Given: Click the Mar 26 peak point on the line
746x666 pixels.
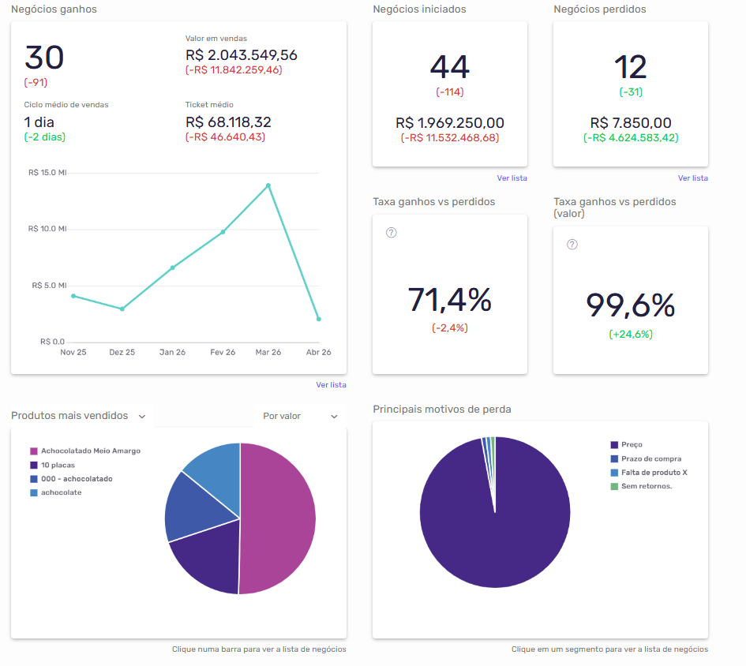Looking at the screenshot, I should click(x=268, y=185).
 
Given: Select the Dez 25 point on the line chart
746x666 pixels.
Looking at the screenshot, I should click(x=122, y=309).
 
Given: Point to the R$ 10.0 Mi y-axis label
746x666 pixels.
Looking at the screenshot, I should click(x=47, y=229).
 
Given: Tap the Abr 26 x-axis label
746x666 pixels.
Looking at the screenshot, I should click(x=318, y=352).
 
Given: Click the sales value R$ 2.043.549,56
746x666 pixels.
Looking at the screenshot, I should click(x=241, y=55).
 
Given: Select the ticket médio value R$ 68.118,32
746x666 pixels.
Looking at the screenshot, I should click(x=228, y=122).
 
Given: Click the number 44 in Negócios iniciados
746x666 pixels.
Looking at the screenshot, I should click(x=449, y=67).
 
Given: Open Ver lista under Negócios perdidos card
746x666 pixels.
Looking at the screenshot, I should click(x=692, y=178).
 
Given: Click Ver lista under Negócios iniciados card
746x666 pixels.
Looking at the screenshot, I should click(x=512, y=178).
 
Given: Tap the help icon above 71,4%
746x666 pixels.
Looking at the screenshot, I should click(x=391, y=233).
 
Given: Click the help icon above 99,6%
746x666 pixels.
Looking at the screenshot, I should click(x=572, y=245).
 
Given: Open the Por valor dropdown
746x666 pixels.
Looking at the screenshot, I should click(x=300, y=416).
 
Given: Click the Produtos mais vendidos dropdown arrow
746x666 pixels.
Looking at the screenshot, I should click(x=142, y=416).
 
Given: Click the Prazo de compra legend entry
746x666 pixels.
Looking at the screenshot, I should click(x=650, y=458).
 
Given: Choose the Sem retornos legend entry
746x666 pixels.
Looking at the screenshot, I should click(x=646, y=486).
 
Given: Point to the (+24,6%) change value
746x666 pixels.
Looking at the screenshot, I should click(x=630, y=334).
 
